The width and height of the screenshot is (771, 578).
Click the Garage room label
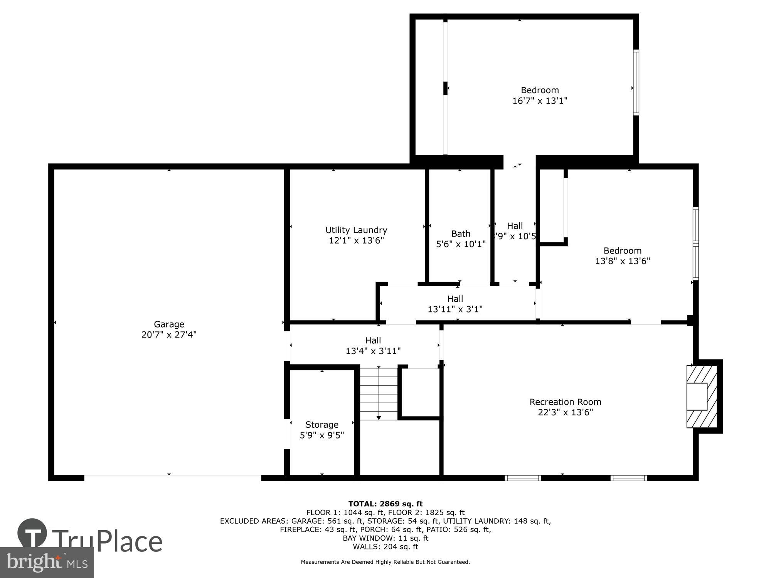click(169, 324)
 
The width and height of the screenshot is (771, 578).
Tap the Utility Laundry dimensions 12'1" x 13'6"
click(356, 240)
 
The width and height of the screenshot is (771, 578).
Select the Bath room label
click(461, 234)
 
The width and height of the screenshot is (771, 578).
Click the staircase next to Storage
click(379, 393)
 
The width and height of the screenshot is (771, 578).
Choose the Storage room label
click(322, 425)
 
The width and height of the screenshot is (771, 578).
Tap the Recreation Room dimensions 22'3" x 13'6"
click(565, 412)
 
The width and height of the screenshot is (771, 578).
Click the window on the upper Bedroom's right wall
click(636, 82)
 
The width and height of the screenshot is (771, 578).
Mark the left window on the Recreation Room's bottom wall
click(523, 478)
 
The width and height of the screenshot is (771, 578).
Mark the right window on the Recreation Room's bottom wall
click(628, 478)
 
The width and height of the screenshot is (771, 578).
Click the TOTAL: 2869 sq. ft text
click(385, 504)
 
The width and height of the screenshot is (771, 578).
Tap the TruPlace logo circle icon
click(32, 533)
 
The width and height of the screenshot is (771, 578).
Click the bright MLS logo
click(47, 562)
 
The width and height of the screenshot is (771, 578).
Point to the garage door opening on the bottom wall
click(172, 478)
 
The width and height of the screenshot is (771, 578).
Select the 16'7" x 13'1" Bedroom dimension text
click(540, 101)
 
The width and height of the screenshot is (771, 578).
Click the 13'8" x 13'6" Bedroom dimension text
click(622, 261)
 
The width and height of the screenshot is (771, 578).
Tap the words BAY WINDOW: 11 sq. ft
click(385, 538)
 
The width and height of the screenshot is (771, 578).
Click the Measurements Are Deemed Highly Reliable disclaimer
click(385, 562)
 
